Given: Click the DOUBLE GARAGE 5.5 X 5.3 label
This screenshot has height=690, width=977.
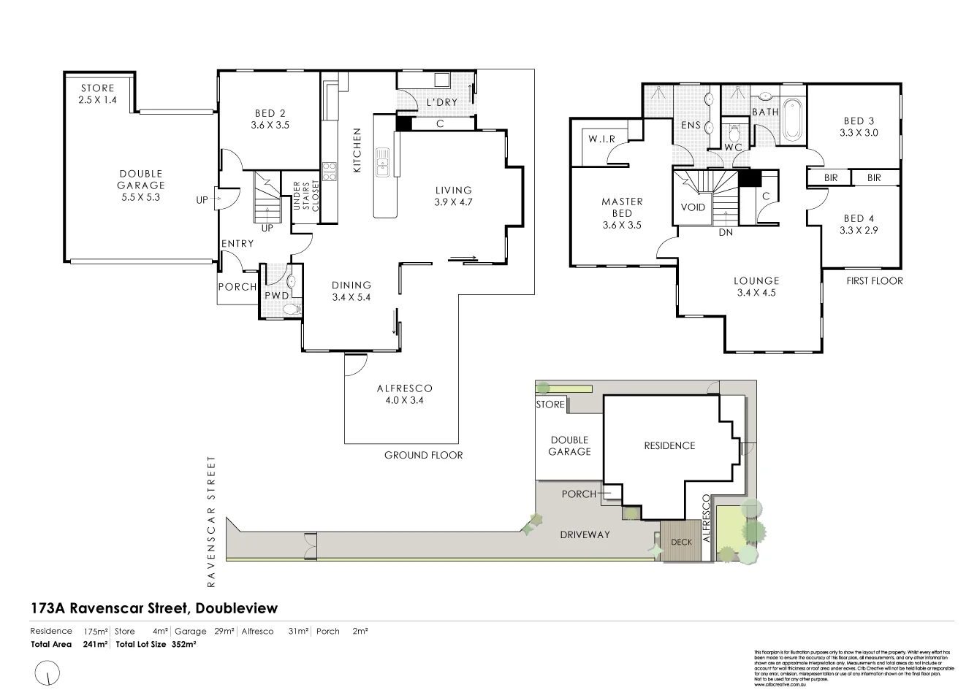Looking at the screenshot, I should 141,185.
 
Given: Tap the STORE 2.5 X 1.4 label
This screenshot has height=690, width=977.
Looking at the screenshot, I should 97,93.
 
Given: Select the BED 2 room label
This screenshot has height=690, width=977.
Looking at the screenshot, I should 270,119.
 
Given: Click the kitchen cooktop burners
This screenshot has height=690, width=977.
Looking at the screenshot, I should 330,171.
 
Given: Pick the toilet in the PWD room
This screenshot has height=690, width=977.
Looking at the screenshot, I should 292,310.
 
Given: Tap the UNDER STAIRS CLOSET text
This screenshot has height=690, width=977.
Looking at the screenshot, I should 305,196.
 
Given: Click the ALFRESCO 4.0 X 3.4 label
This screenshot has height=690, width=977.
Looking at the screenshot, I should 404,394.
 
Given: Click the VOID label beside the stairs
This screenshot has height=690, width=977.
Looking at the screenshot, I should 693,207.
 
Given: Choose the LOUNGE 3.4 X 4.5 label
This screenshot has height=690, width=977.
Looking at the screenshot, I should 756,286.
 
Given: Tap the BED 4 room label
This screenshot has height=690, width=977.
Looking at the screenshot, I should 859,224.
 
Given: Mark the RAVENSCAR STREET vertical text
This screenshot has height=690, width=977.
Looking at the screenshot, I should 212,521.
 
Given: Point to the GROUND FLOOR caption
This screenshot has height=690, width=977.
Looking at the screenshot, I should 424,455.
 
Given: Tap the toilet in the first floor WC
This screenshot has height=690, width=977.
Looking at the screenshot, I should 734,134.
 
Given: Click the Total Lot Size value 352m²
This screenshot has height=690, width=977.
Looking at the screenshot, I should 184,645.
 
